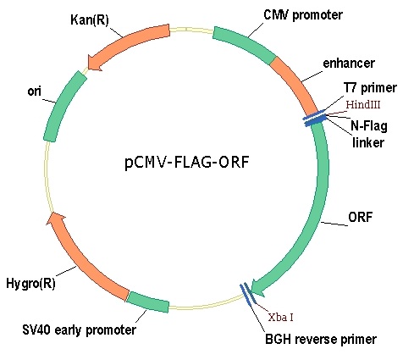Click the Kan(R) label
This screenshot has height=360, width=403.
click(90, 20)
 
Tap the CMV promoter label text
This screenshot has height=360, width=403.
click(303, 15)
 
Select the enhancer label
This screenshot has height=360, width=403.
click(349, 63)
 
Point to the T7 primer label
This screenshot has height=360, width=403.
click(370, 88)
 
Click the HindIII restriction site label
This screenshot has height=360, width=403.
click(363, 104)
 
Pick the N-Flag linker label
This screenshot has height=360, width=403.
click(369, 134)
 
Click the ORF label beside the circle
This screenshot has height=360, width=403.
click(361, 217)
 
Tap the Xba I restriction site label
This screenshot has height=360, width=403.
click(281, 318)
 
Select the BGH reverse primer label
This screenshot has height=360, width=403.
click(321, 339)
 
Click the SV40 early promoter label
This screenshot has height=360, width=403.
click(80, 330)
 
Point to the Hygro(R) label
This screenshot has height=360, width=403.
click(30, 284)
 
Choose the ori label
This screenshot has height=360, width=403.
click(35, 91)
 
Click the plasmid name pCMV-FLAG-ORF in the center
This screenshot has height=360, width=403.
click(187, 163)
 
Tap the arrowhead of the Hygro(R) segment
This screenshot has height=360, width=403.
click(56, 219)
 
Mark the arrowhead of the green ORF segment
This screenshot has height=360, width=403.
click(257, 288)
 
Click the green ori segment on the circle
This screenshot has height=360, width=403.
click(64, 106)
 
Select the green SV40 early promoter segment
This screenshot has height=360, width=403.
click(148, 302)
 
